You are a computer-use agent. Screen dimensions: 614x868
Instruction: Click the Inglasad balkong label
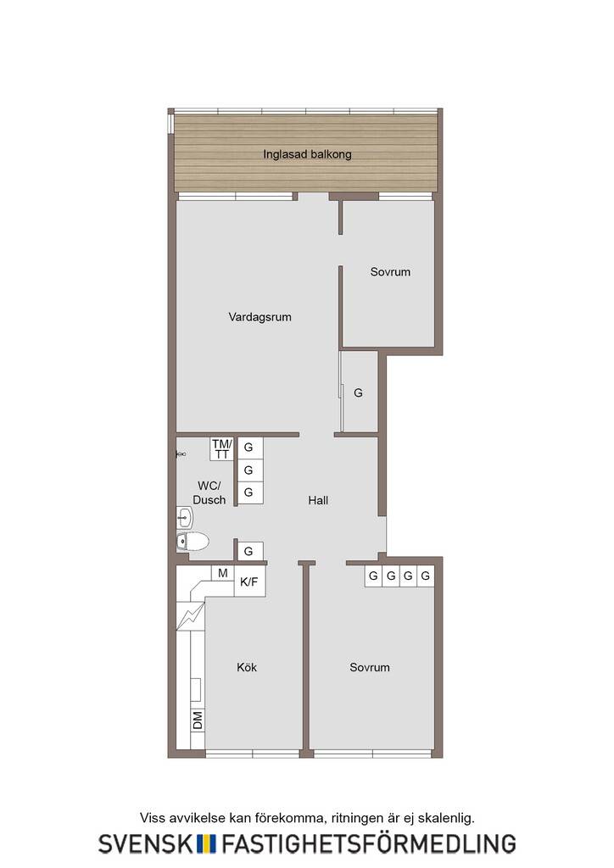(x=307, y=154)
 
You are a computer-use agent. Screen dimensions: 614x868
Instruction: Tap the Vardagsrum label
(x=260, y=317)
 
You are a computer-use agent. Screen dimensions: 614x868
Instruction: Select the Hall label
(x=318, y=500)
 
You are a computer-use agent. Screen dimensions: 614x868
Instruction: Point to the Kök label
(x=247, y=667)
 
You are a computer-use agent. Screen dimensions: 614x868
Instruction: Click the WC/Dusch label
(x=209, y=492)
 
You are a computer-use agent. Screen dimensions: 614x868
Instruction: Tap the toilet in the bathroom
(x=193, y=541)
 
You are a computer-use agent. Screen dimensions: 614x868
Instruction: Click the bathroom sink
(x=184, y=519)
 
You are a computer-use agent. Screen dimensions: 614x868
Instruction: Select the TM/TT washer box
(x=222, y=449)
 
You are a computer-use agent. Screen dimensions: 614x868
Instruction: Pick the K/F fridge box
(x=249, y=581)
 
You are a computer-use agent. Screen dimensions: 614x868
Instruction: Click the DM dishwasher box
(x=198, y=721)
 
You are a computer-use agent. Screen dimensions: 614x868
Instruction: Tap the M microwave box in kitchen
(x=222, y=574)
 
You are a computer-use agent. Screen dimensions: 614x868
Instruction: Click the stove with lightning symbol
(x=190, y=616)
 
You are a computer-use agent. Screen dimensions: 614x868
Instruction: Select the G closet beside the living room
(x=359, y=392)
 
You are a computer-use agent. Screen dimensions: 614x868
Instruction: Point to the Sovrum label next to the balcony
(x=390, y=272)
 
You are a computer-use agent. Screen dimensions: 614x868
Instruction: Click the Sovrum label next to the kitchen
(x=369, y=667)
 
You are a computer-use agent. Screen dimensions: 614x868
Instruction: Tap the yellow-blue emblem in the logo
(x=207, y=843)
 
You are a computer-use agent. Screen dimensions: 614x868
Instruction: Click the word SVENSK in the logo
(x=146, y=843)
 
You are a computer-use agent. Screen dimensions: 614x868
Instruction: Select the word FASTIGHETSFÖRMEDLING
(x=369, y=843)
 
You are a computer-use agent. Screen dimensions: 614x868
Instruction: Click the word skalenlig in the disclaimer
(x=446, y=818)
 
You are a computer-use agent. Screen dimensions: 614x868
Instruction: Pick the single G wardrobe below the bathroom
(x=248, y=551)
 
